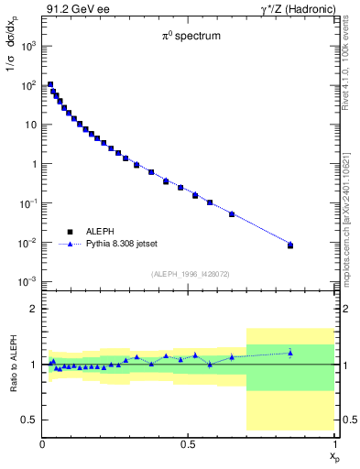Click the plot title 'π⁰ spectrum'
point(188,38)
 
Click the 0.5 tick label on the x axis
point(188,444)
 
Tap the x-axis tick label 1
point(334,444)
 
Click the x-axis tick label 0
point(42,444)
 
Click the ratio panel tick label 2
point(34,310)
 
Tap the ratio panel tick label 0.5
point(29,420)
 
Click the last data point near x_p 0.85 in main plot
point(290,245)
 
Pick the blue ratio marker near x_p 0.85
point(290,352)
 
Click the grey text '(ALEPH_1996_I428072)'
point(190,274)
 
